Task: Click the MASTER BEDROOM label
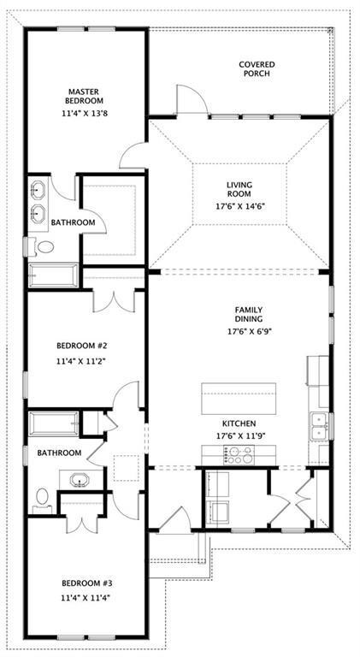click(x=85, y=95)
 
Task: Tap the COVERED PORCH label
click(x=255, y=68)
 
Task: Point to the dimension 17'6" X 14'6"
click(x=242, y=206)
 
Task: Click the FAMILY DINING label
click(x=248, y=315)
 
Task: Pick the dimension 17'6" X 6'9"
click(x=248, y=331)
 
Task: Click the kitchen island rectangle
click(x=239, y=399)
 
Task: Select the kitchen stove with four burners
click(x=239, y=457)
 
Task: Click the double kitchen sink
click(x=319, y=425)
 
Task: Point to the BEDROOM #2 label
click(x=81, y=346)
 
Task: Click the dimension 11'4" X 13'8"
click(x=85, y=113)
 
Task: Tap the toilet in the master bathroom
click(x=43, y=247)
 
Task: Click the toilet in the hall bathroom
click(x=42, y=499)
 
